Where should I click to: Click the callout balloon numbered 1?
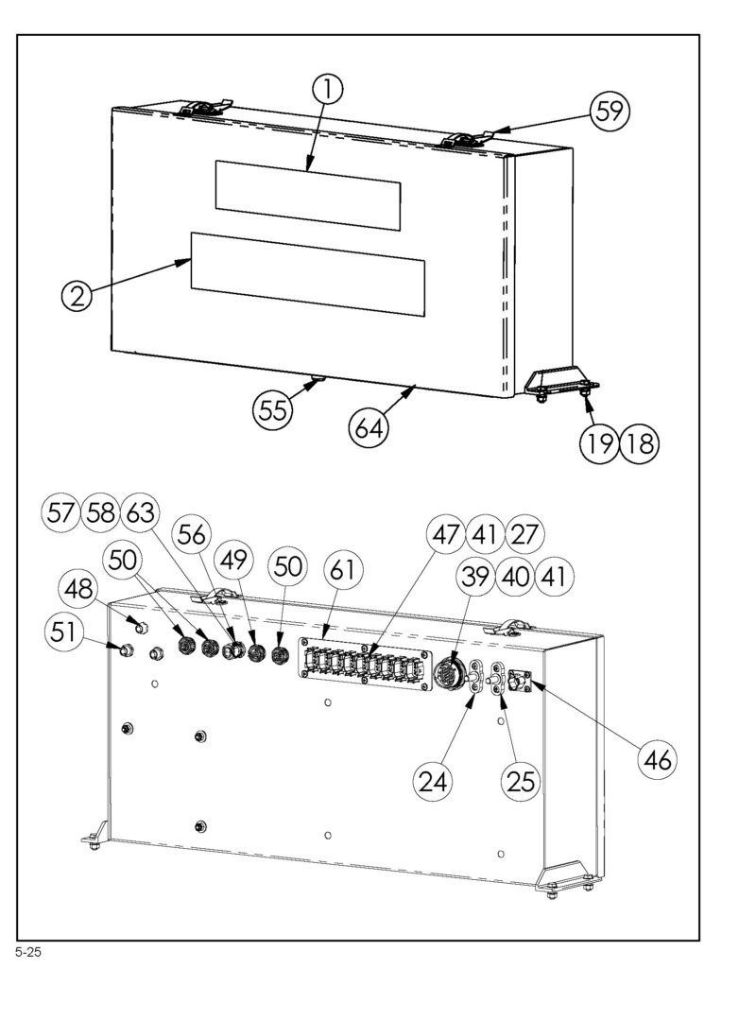tap(330, 89)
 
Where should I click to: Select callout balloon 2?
tap(77, 296)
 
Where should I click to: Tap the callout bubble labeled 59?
tap(610, 111)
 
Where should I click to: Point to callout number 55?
tap(273, 409)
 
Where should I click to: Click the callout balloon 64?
tap(369, 429)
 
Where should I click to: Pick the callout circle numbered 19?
tap(599, 443)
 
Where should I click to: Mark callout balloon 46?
tap(657, 759)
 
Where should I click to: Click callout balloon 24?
tap(434, 780)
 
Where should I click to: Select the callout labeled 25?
tap(521, 780)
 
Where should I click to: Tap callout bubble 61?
tap(343, 570)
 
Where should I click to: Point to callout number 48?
tap(78, 590)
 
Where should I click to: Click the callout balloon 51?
tap(63, 632)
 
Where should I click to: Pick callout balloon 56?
tap(192, 534)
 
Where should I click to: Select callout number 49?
tap(234, 559)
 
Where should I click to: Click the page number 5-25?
tap(28, 953)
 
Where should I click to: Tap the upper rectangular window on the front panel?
tap(308, 196)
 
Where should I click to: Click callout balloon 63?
tap(141, 512)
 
